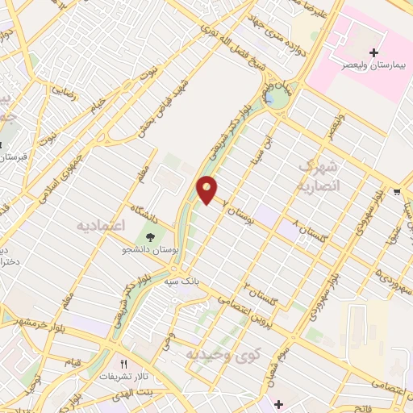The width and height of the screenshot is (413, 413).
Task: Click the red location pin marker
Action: point(207,190)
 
